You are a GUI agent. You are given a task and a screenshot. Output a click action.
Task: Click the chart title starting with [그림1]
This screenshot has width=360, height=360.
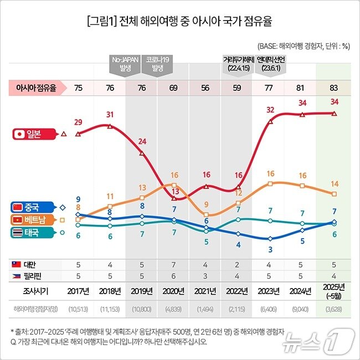coord(179,23)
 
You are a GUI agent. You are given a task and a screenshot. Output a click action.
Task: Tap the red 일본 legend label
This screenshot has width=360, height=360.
coord(34,133)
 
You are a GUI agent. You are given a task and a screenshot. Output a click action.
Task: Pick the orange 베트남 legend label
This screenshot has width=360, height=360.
coord(33,220)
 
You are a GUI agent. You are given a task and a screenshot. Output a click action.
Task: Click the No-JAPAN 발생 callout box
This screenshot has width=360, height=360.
coord(125,64)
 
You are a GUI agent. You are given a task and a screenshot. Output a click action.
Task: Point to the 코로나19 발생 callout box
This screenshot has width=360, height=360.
coord(158,64)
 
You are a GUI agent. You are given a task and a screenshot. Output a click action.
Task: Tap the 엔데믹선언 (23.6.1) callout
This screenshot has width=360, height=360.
coord(270,64)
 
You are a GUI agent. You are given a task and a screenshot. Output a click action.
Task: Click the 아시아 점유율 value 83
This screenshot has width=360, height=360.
coord(334,88)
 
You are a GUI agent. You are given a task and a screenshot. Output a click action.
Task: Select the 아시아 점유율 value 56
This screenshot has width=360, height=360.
coord(205,88)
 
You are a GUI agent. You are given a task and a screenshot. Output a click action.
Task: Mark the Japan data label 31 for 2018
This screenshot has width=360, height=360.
coord(110,115)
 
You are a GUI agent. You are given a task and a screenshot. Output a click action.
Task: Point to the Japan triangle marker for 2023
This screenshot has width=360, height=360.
coord(270,121)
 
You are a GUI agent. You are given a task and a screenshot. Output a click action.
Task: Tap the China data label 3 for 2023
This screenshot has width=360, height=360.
coord(270,249)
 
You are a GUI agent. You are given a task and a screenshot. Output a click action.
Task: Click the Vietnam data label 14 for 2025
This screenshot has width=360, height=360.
coord(334,183)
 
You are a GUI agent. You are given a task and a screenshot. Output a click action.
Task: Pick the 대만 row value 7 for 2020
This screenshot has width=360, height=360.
coord(174,264)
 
